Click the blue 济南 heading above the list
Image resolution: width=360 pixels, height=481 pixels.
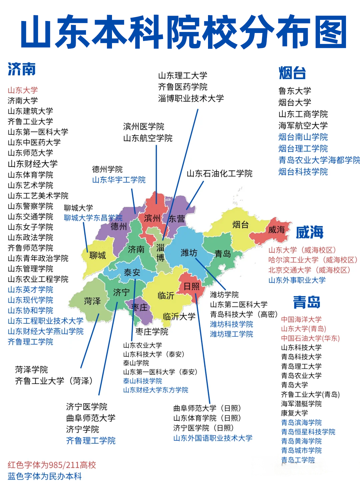[22, 69]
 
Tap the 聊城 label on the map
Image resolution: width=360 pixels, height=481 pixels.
[97, 256]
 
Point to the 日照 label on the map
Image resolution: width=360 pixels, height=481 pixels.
[191, 286]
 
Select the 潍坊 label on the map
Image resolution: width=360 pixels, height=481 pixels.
[189, 253]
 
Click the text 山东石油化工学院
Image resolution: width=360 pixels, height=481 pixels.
[219, 173]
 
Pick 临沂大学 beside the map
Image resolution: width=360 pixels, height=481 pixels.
[179, 317]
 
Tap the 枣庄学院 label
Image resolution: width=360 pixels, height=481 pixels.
[152, 332]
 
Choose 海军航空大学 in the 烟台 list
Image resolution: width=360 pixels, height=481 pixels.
[303, 126]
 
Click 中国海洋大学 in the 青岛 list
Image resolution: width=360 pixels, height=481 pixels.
[301, 319]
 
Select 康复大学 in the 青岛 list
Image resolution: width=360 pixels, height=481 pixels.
[294, 413]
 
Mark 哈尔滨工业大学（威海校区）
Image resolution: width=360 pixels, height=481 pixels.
[313, 260]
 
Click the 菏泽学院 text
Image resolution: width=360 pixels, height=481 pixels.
[31, 370]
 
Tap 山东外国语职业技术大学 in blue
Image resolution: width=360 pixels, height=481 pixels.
[213, 438]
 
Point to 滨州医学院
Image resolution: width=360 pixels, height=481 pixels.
[144, 127]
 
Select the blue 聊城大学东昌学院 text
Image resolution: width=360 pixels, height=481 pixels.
[93, 218]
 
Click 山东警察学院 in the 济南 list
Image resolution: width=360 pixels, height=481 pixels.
[30, 206]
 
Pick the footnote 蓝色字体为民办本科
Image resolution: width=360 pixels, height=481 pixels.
[45, 476]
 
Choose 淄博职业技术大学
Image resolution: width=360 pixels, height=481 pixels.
[191, 98]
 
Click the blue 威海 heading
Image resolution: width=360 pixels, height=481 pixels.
[310, 232]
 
